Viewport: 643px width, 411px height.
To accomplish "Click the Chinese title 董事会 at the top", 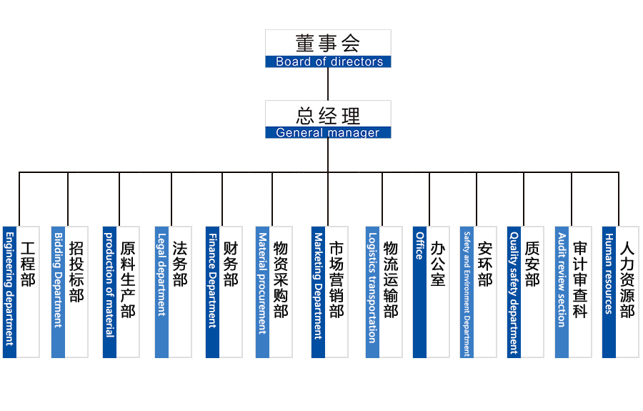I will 328,43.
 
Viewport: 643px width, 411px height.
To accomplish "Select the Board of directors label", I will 329,62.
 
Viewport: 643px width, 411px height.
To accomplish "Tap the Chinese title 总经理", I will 328,114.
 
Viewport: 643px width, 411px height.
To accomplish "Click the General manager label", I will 328,132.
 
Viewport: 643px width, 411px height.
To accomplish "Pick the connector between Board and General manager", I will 328,84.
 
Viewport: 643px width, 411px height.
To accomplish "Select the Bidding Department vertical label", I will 58,279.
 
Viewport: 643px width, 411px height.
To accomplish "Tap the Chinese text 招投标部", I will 76,272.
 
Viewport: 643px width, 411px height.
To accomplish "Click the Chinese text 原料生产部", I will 128,279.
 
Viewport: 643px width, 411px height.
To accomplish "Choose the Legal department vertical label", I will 161,274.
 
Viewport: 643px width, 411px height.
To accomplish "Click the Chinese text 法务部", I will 180,264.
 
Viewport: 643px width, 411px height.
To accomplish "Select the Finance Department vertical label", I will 212,279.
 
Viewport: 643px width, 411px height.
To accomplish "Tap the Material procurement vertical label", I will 262,283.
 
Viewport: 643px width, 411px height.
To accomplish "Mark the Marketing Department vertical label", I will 318,285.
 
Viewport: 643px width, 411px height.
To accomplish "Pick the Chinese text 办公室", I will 438,264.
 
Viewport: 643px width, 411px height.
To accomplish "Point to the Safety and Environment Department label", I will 467,293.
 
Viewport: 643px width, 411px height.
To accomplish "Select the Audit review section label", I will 562,279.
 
